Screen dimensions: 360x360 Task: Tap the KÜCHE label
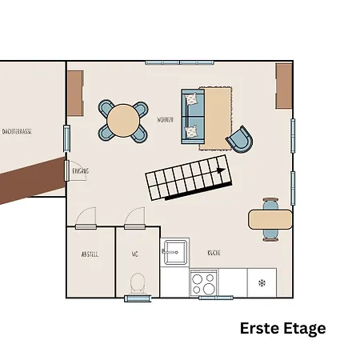[214, 253]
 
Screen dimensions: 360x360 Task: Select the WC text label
[136, 254]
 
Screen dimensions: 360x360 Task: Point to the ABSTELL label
[90, 254]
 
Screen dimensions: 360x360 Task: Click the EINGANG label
[80, 170]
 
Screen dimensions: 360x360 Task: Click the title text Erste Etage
[283, 328]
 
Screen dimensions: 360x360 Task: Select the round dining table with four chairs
[123, 120]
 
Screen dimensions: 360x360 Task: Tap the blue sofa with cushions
[193, 116]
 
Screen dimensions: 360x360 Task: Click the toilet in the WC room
[137, 282]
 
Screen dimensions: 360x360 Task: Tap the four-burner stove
[204, 283]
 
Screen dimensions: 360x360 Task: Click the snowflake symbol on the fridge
[261, 282]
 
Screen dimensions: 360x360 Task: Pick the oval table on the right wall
[270, 218]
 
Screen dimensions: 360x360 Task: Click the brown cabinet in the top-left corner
[75, 93]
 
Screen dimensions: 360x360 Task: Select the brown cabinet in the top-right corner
[284, 87]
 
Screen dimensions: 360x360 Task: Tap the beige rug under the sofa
[218, 116]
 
